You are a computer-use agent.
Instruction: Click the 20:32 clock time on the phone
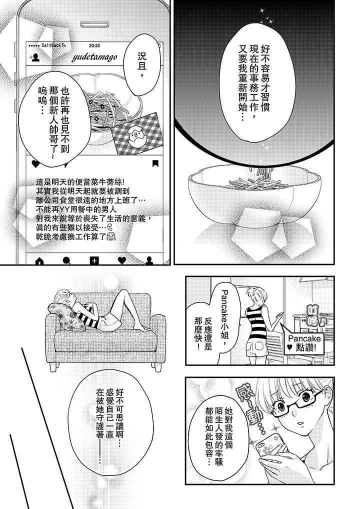point(94,44)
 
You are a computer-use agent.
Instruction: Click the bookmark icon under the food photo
point(155,163)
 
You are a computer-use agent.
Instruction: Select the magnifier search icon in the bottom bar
point(66,260)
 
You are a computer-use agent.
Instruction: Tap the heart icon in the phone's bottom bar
point(121,260)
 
